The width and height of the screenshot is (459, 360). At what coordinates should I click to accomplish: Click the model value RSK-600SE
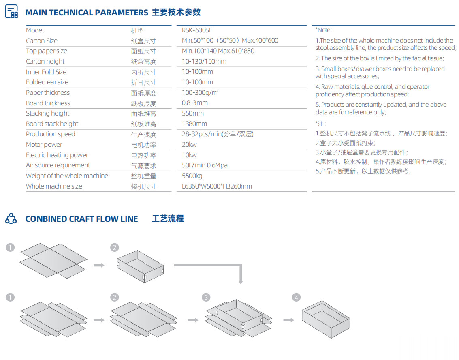197,30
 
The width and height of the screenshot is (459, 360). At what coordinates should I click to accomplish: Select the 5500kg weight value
192,176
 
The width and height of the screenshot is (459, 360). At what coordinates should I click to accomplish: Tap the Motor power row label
44,144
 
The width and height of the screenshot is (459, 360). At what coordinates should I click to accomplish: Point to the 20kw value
189,144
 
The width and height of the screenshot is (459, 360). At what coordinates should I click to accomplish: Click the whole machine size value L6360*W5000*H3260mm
217,186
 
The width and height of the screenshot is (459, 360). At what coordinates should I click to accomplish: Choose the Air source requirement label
58,165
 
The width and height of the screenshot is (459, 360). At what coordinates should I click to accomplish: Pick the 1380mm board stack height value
194,124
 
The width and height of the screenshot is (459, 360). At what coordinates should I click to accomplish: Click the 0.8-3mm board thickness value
195,103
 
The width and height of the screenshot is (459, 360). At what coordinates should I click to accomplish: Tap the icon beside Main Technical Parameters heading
11,11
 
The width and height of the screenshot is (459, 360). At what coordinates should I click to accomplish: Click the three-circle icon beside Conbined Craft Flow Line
11,219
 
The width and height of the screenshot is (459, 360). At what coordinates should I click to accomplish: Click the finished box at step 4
326,319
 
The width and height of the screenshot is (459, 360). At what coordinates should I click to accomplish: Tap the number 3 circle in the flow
206,297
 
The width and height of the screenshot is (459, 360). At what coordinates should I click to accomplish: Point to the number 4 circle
296,297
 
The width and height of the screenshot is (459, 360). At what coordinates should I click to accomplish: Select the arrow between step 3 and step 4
288,320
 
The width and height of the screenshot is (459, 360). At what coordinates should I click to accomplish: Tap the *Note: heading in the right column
323,30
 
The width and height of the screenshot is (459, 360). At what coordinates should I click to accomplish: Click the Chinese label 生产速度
143,135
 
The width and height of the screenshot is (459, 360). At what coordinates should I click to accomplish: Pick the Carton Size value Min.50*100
198,41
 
